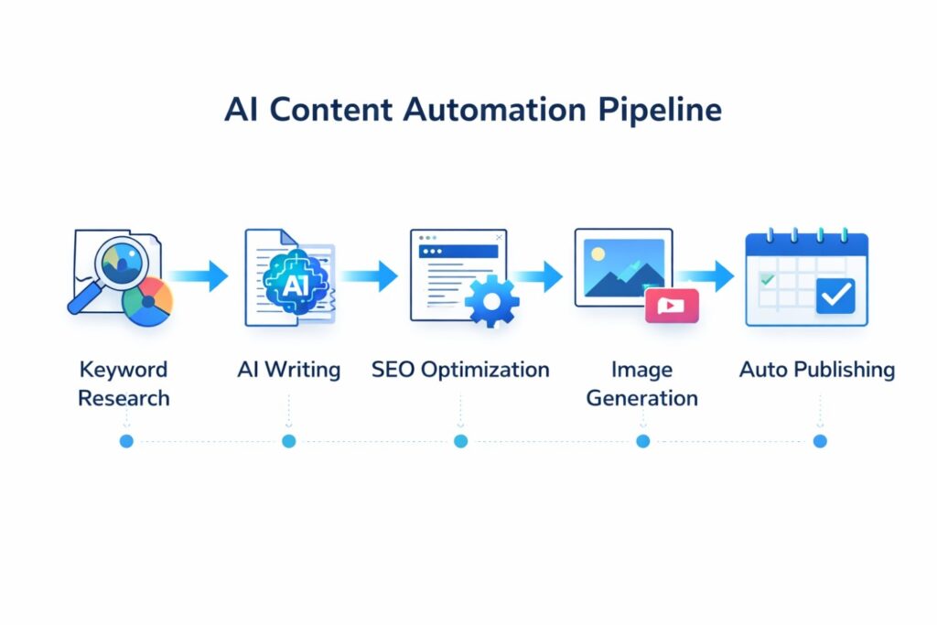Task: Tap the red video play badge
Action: (x=672, y=306)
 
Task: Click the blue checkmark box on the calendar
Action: (x=835, y=295)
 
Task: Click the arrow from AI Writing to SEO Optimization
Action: (x=372, y=275)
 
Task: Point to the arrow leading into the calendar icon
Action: (x=709, y=275)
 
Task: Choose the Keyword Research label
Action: (x=124, y=383)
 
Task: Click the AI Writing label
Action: (x=288, y=370)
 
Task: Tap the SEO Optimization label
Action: (x=460, y=370)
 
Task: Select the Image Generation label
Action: (x=642, y=383)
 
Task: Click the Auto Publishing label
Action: (x=817, y=370)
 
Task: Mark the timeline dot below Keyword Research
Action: (x=126, y=441)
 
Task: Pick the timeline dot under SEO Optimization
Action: (x=460, y=441)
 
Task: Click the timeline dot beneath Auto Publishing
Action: (x=820, y=441)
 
